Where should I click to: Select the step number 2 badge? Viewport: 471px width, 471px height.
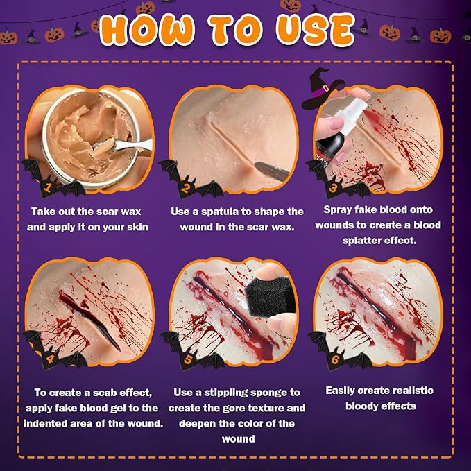click(x=187, y=186)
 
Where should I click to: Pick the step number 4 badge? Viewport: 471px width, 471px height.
click(x=47, y=359)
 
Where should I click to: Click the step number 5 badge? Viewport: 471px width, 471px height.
click(x=187, y=360)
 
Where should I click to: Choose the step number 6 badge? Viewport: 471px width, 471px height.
click(x=333, y=359)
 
